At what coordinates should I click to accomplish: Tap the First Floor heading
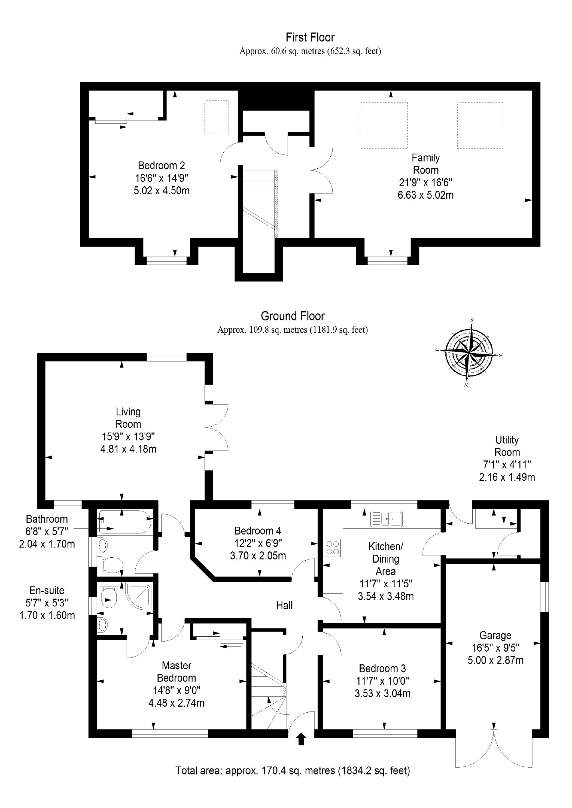(310, 38)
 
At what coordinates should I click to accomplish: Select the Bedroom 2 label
(161, 166)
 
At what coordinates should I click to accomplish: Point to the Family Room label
(426, 164)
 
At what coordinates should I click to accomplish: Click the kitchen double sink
(387, 519)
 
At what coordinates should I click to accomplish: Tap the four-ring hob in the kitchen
(333, 547)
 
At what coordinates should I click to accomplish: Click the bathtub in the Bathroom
(124, 522)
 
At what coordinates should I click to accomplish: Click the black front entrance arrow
(302, 739)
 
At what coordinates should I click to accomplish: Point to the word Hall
(284, 605)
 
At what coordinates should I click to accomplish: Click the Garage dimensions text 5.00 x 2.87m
(495, 660)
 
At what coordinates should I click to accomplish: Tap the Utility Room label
(507, 446)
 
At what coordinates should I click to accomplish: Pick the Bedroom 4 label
(258, 531)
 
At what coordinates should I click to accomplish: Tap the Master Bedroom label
(177, 672)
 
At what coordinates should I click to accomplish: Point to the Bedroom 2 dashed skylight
(216, 117)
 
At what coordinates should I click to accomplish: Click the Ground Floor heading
(292, 316)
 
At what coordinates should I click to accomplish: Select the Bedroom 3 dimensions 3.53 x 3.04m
(383, 693)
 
